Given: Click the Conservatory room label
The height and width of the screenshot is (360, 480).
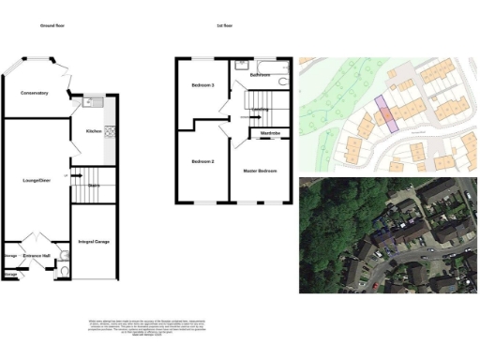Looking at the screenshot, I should point(34,93).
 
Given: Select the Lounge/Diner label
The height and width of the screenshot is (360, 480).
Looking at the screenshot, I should point(36,178).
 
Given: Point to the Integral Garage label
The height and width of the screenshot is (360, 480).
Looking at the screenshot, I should point(94,242).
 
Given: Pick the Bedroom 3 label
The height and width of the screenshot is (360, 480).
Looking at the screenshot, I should point(202,86).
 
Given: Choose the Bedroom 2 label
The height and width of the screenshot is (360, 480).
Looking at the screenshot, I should point(202,161).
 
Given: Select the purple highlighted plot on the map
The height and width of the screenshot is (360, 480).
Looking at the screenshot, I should point(383,112).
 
